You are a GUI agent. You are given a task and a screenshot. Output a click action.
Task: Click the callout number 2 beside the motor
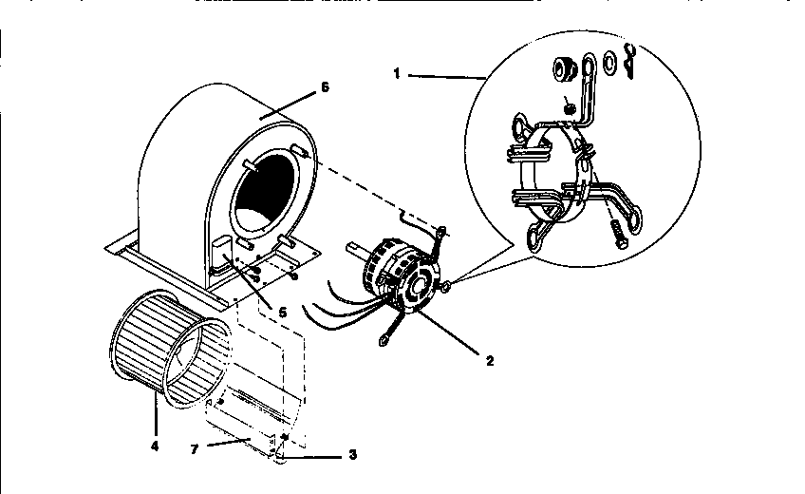(x=489, y=360)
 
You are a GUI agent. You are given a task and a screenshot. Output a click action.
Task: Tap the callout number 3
(x=352, y=455)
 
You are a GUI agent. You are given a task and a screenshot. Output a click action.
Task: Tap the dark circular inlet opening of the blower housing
(x=266, y=195)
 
